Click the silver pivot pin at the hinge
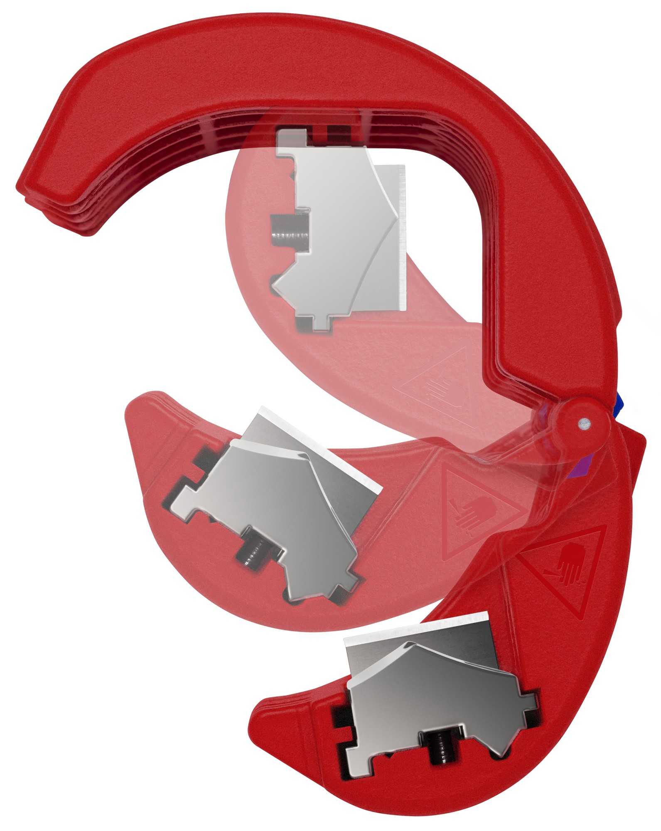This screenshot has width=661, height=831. point(584,423)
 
